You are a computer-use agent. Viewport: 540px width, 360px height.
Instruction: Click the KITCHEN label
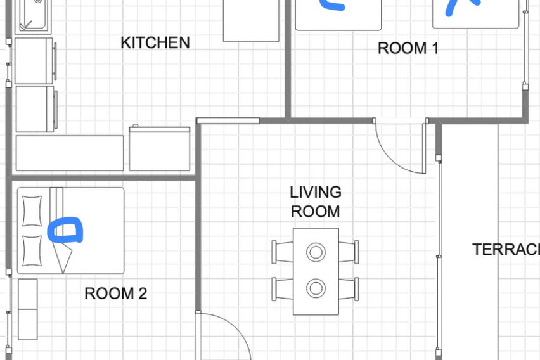pyautogui.click(x=155, y=42)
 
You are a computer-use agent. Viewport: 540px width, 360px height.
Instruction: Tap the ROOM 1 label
pyautogui.click(x=408, y=48)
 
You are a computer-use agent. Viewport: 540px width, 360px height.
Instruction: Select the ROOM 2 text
pyautogui.click(x=116, y=293)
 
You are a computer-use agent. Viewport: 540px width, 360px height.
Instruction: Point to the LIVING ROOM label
pyautogui.click(x=316, y=202)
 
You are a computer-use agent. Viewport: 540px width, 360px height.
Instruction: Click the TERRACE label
pyautogui.click(x=506, y=250)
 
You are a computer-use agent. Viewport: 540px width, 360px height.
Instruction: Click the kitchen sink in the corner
pyautogui.click(x=32, y=15)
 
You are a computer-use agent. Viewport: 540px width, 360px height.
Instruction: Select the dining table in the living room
pyautogui.click(x=316, y=271)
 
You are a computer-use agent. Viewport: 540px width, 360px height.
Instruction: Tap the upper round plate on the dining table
pyautogui.click(x=316, y=252)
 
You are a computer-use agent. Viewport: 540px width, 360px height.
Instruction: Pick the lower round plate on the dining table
pyautogui.click(x=316, y=288)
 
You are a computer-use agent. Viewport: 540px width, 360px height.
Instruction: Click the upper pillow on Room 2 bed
pyautogui.click(x=32, y=211)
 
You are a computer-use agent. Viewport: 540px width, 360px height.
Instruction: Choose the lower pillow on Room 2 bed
pyautogui.click(x=32, y=251)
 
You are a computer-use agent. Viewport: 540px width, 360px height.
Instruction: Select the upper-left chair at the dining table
pyautogui.click(x=283, y=252)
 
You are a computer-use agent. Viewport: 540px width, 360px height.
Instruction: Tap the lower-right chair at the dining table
pyautogui.click(x=349, y=288)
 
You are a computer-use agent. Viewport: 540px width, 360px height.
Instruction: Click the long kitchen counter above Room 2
pyautogui.click(x=70, y=153)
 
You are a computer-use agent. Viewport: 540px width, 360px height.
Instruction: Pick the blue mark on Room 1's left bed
pyautogui.click(x=332, y=6)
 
